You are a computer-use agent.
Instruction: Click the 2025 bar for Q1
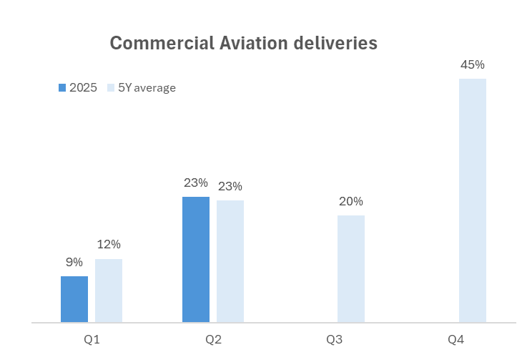pos(74,299)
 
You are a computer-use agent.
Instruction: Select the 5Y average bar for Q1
pos(109,291)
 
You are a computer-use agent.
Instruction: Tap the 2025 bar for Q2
pos(196,259)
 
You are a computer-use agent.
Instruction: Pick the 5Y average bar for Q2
pos(230,261)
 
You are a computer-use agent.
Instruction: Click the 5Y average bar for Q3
pos(351,268)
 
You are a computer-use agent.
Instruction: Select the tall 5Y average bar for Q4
pos(473,200)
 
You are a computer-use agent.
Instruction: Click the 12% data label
pos(109,245)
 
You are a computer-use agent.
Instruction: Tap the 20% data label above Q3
pos(351,201)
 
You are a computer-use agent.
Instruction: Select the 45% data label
pos(473,64)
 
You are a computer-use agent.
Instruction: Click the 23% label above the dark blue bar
pos(195,183)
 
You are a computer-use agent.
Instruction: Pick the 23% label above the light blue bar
pos(230,186)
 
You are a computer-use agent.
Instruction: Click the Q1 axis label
pos(92,338)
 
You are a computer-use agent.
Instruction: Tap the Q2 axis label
pos(213,338)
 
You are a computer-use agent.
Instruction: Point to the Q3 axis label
pos(335,338)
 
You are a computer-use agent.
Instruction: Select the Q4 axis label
pos(456,338)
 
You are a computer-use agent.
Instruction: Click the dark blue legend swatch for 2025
pos(62,88)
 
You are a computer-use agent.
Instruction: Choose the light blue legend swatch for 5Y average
pos(111,88)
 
